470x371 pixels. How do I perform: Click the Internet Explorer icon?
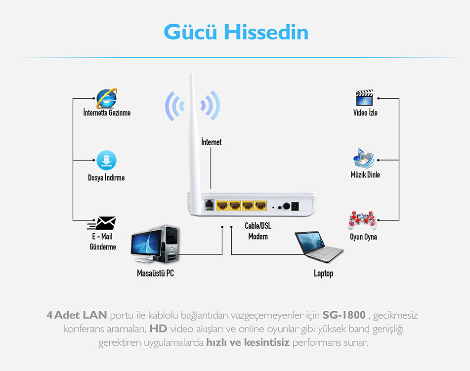106,98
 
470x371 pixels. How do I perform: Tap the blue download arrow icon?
106,161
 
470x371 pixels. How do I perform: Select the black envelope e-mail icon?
102,223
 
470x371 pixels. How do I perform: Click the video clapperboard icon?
364,98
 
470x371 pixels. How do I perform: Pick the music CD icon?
364,158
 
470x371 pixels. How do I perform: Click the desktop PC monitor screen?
147,243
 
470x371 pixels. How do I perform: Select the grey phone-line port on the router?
209,205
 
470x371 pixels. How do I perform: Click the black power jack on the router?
295,206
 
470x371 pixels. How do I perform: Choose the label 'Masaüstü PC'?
155,273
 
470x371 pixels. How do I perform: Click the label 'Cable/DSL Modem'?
258,231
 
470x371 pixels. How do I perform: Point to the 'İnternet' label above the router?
212,142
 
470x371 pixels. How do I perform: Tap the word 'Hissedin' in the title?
266,32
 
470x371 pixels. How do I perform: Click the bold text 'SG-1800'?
344,315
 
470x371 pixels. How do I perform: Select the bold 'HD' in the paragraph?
158,329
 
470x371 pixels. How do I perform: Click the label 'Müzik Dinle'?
365,174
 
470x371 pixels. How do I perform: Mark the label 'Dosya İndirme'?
106,177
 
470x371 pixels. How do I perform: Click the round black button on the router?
286,206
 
